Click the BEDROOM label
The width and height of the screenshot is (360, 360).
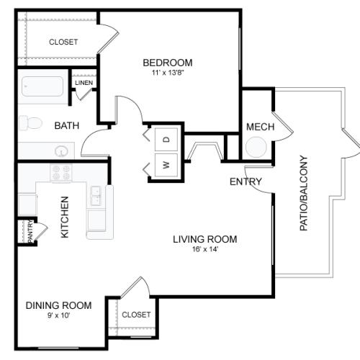pos(168,63)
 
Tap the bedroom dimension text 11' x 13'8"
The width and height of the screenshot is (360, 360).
pos(168,73)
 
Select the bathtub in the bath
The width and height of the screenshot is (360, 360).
pos(42,86)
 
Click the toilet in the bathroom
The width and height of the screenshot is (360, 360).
pos(30,123)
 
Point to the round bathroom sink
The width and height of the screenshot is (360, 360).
pos(61,151)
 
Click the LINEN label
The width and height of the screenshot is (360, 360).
pos(84,83)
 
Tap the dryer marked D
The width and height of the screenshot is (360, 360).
pos(166,139)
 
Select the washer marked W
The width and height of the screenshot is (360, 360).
pos(166,165)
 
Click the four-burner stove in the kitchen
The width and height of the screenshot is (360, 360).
pos(61,173)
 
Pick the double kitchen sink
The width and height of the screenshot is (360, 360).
pos(96,196)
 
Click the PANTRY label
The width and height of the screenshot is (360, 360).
pos(30,231)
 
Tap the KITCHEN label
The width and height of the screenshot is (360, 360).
pos(65,217)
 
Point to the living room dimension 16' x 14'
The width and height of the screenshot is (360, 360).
pos(205,249)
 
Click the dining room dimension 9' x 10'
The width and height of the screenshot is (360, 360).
pos(58,315)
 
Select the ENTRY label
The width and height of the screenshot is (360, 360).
pos(246,181)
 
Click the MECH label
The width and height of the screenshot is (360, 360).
pos(261,127)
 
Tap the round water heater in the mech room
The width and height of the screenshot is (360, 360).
pos(256,147)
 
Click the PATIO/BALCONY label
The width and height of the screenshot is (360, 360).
pos(304,193)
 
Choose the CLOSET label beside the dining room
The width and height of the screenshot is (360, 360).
pos(136,315)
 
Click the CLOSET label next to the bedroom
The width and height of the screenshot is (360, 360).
pos(63,42)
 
